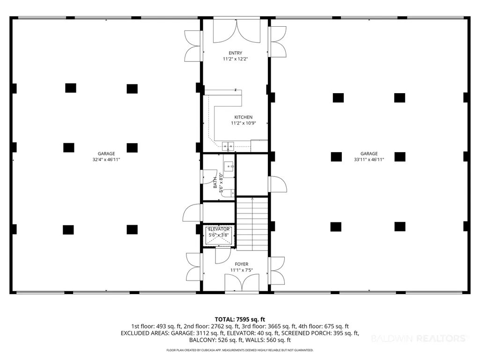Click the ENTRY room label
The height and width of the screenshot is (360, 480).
point(235,53)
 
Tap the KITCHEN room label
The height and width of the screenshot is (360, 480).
point(244,117)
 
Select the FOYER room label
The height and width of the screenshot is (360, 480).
point(242,264)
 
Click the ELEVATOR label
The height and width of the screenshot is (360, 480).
point(219,229)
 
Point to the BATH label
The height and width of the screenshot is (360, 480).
point(215,183)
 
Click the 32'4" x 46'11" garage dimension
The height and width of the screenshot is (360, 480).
point(106,160)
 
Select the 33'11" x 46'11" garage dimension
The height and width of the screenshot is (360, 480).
point(369,160)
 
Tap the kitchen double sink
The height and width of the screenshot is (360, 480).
point(228,147)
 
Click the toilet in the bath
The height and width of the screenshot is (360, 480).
point(228,193)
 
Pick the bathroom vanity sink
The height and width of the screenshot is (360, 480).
point(229,167)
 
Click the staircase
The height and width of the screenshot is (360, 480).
point(252,224)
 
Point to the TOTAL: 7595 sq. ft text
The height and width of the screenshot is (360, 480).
point(240,320)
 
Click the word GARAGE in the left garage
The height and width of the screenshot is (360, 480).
point(106,154)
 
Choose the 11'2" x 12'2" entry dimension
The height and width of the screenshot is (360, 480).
point(235,59)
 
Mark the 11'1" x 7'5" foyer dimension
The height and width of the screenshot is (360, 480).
point(242,270)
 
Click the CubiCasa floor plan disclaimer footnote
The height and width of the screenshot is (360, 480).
point(240,350)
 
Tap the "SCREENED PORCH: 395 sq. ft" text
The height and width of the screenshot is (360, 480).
point(320,333)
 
